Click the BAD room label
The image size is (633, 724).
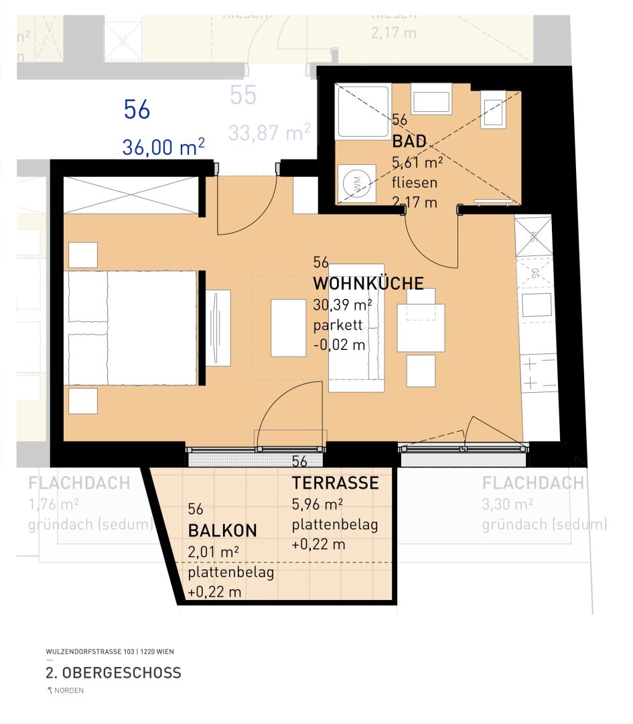click(x=409, y=142)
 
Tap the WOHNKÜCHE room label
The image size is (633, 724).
click(x=368, y=284)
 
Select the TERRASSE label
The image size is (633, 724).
click(x=335, y=483)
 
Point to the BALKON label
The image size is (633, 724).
click(x=222, y=531)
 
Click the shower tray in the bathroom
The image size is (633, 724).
click(x=362, y=111)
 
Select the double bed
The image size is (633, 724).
click(x=132, y=328)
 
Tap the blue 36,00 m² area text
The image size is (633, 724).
click(x=163, y=147)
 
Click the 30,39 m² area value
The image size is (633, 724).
click(x=342, y=306)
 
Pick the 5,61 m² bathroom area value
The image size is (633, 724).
click(x=417, y=163)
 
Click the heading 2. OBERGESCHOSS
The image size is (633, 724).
click(x=113, y=672)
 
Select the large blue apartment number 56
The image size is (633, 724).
click(x=137, y=110)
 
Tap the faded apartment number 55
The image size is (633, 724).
click(x=243, y=96)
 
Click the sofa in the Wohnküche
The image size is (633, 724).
click(x=356, y=328)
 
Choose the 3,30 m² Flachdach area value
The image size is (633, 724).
click(x=507, y=504)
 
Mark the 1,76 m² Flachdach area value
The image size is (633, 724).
click(x=54, y=504)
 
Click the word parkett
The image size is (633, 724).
click(x=338, y=326)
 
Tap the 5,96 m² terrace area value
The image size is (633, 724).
click(x=318, y=504)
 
